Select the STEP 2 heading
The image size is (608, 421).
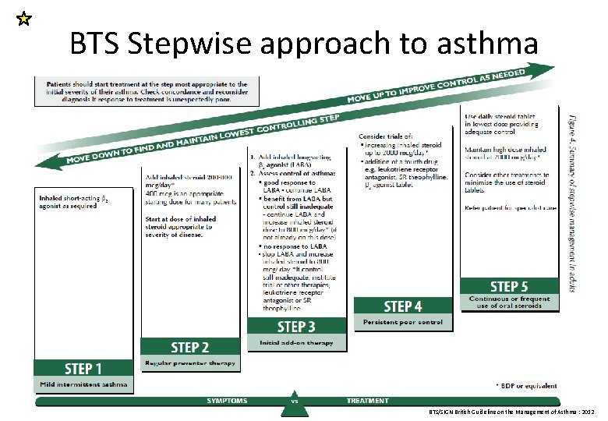[x=190, y=347]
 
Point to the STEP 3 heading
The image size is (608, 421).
[x=296, y=326]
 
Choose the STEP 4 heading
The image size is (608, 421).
[x=403, y=306]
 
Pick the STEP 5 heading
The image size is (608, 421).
[x=509, y=286]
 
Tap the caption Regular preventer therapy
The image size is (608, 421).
[x=190, y=363]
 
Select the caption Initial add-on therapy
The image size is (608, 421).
[x=296, y=342]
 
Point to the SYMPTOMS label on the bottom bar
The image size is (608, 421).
[x=227, y=401]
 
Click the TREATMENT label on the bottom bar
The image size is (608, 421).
[x=367, y=401]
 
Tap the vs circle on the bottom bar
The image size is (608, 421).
[x=295, y=402]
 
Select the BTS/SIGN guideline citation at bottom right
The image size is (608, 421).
[x=511, y=411]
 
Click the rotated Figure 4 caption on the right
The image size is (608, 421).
[x=573, y=203]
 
